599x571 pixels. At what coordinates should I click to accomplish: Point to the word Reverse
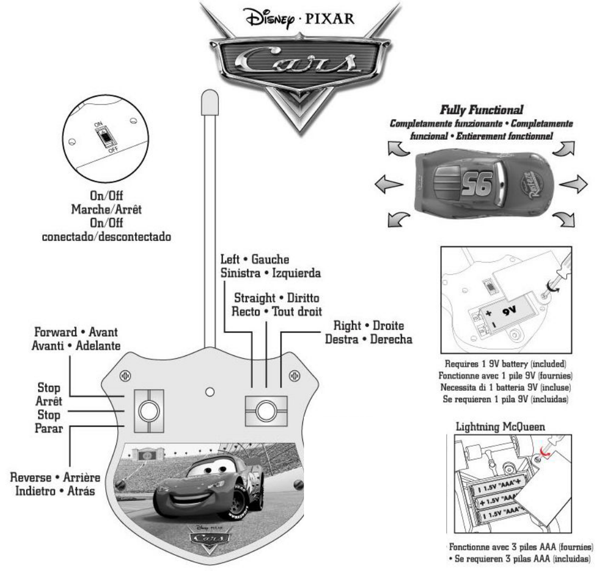coord(32,478)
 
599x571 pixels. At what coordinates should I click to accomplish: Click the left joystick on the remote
coord(148,411)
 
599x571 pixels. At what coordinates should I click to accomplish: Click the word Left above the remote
coord(229,260)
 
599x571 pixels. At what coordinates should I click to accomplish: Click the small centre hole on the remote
coord(209,390)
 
